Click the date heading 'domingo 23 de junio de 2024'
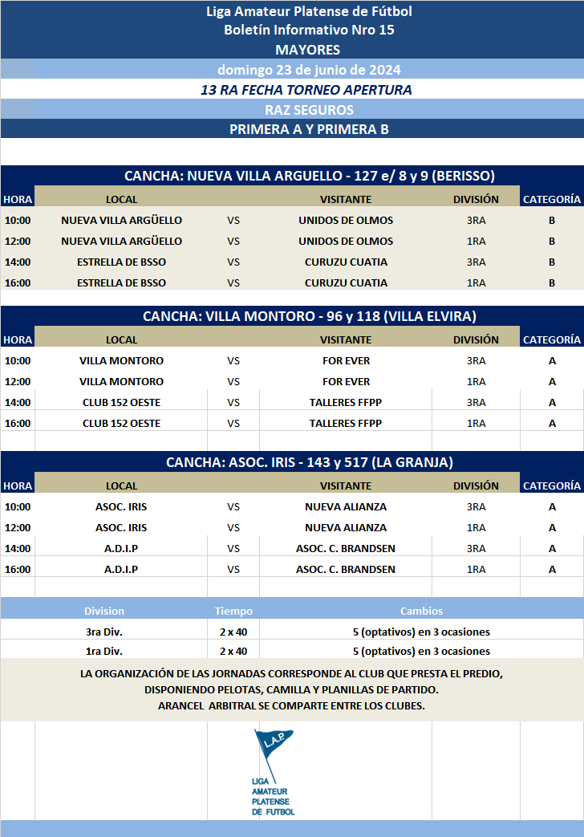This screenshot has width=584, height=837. [309, 69]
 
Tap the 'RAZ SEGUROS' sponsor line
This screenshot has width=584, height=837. [309, 110]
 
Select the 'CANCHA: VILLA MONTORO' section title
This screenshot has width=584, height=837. [309, 316]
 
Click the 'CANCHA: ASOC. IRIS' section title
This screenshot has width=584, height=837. [309, 462]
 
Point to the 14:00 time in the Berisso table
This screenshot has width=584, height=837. [18, 262]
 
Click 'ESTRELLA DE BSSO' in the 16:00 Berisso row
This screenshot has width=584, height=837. [121, 282]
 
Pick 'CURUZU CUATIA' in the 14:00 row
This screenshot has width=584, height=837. [346, 262]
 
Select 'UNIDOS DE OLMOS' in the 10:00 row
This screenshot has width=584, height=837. [346, 220]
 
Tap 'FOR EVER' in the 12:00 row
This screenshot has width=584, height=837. [346, 381]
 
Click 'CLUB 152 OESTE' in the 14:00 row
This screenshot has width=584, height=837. [121, 402]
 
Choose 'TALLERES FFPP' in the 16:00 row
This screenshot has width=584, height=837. [346, 423]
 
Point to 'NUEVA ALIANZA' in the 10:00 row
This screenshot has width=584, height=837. [346, 506]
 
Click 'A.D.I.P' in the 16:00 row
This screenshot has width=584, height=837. [121, 569]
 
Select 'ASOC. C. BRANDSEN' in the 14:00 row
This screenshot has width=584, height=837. [346, 548]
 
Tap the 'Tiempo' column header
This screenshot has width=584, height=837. [233, 611]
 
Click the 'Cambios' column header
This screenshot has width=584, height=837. [421, 611]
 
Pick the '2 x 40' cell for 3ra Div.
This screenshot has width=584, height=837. [233, 632]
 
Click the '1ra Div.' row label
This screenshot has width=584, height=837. [104, 651]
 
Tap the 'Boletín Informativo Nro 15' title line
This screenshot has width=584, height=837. [309, 30]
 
